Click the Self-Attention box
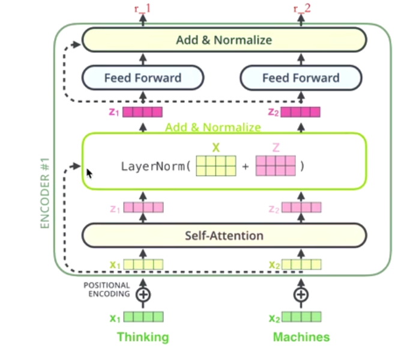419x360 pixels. [x=223, y=235]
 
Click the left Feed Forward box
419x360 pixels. [x=142, y=78]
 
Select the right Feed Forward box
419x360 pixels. [x=300, y=78]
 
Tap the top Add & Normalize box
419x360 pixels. [x=223, y=40]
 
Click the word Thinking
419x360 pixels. [x=142, y=337]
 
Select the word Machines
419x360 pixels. [x=301, y=337]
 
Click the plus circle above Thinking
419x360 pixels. [x=143, y=294]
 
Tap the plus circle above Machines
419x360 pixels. [x=301, y=294]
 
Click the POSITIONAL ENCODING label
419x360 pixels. [x=107, y=290]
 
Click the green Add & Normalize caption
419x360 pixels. [x=213, y=127]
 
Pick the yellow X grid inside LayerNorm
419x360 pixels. [x=216, y=165]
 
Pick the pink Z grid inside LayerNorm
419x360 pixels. [x=276, y=165]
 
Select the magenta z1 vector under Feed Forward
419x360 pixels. [x=142, y=112]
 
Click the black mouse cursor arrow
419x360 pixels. [x=89, y=173]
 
